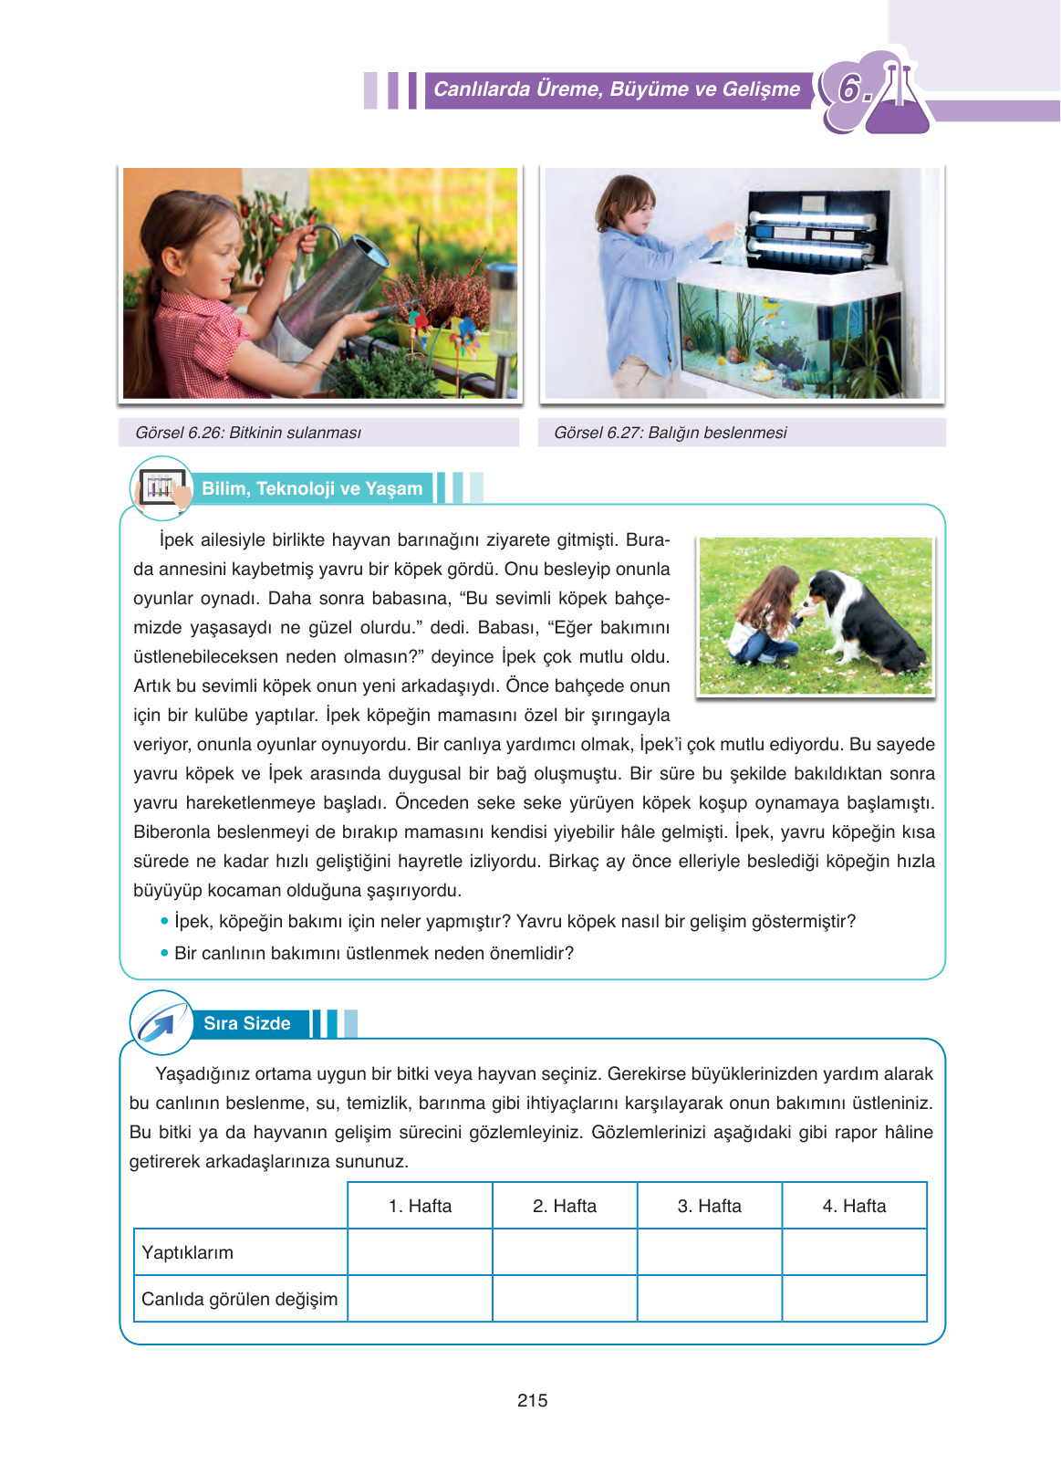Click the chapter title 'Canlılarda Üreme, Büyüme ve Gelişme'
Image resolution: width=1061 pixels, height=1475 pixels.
pyautogui.click(x=617, y=89)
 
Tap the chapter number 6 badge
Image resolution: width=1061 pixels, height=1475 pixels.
pyautogui.click(x=850, y=89)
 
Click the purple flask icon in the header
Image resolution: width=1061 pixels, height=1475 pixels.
pyautogui.click(x=899, y=100)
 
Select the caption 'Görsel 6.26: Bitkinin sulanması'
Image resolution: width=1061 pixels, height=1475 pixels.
pyautogui.click(x=248, y=433)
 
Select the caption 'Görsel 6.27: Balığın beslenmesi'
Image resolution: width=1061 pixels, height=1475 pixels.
pyautogui.click(x=671, y=433)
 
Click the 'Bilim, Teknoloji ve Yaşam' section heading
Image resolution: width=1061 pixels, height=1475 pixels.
pyautogui.click(x=312, y=488)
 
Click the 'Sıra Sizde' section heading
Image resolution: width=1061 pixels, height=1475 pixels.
pyautogui.click(x=246, y=1023)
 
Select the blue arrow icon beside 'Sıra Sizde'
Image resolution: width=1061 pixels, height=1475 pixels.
pyautogui.click(x=160, y=1022)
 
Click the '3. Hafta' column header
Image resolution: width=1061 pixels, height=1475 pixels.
pyautogui.click(x=709, y=1206)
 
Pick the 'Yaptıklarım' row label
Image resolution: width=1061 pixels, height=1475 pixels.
pyautogui.click(x=188, y=1252)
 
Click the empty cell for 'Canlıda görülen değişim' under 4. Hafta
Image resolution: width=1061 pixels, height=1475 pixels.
pyautogui.click(x=854, y=1298)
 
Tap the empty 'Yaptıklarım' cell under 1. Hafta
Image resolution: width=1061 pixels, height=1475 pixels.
pyautogui.click(x=420, y=1251)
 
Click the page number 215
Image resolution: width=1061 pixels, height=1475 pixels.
pyautogui.click(x=532, y=1400)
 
